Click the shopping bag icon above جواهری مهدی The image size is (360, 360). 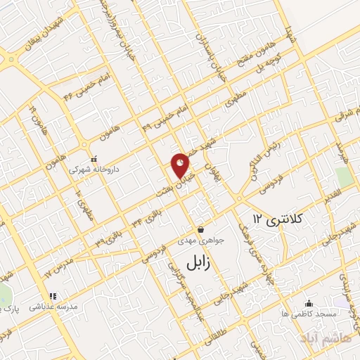(x=200, y=229)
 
